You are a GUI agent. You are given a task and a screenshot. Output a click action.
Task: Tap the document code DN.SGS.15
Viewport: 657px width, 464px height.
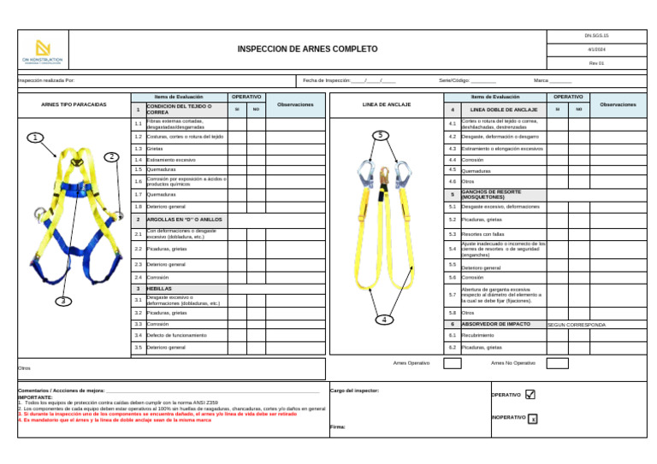tap(596, 36)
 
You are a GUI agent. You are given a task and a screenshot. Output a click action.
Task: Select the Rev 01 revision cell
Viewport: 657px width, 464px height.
tap(596, 63)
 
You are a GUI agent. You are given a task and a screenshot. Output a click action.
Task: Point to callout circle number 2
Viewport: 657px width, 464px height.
tap(111, 156)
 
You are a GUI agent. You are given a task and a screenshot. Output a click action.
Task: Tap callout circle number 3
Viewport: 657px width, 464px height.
tap(63, 301)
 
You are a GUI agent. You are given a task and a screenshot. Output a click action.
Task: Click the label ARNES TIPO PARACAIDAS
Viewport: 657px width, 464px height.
tap(74, 105)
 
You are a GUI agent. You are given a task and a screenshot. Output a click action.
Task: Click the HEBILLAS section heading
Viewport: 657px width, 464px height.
tap(159, 289)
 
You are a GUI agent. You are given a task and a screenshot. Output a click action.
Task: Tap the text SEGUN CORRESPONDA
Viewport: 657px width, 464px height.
tap(577, 325)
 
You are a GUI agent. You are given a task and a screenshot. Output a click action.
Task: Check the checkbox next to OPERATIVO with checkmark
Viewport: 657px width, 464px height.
tap(530, 395)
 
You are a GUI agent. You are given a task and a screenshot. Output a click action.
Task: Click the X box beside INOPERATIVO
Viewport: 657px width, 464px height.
tap(532, 419)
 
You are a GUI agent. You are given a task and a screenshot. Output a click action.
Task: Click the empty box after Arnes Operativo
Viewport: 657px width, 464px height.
tap(452, 363)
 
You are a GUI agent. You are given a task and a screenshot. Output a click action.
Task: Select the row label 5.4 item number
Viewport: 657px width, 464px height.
tap(452, 249)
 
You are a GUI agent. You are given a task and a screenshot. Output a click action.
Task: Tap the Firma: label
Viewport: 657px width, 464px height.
tap(338, 426)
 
